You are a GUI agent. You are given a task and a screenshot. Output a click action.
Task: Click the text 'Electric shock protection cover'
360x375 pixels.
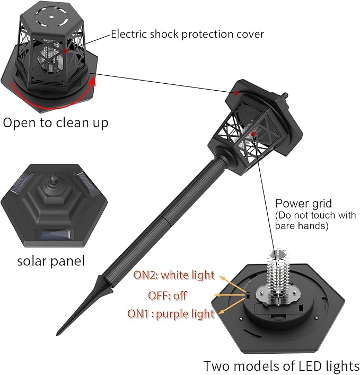[x=187, y=34]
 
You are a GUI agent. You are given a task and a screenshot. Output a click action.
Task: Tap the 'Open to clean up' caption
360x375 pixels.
[x=56, y=123]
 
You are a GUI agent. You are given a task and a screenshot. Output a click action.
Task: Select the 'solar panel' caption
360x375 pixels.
[x=51, y=261]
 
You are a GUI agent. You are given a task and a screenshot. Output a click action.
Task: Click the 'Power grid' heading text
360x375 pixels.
[x=303, y=203]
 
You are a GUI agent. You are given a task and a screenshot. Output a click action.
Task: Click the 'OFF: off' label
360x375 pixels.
[x=168, y=295]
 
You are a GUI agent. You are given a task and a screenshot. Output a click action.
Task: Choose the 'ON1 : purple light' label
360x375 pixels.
[x=171, y=313]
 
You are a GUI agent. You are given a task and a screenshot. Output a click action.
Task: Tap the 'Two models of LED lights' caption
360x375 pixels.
[x=282, y=366]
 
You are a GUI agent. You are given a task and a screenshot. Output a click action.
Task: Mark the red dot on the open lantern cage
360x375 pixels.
[x=65, y=51]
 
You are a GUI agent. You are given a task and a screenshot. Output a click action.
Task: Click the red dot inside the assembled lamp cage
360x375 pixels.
[x=254, y=135]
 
